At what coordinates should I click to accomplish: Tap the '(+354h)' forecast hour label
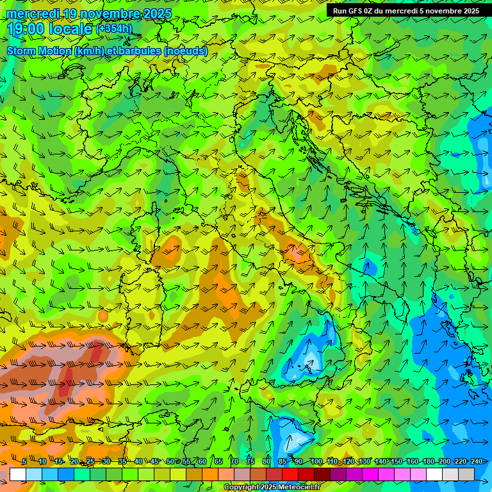point(115,29)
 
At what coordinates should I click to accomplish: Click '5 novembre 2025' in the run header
point(450,11)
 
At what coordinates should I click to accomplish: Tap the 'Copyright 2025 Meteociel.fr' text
point(272,488)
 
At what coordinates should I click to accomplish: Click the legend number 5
point(24,461)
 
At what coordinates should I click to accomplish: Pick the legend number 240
point(475,461)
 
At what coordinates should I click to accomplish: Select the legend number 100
point(316,461)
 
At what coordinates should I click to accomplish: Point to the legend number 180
point(427,461)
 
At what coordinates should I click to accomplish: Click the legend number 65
point(218,461)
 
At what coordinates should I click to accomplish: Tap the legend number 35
point(122,461)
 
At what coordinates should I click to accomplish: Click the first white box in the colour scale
point(18,474)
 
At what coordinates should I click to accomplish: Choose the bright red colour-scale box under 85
point(290,474)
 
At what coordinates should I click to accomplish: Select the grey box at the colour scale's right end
point(466,474)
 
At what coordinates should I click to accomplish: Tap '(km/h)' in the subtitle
point(88,51)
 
